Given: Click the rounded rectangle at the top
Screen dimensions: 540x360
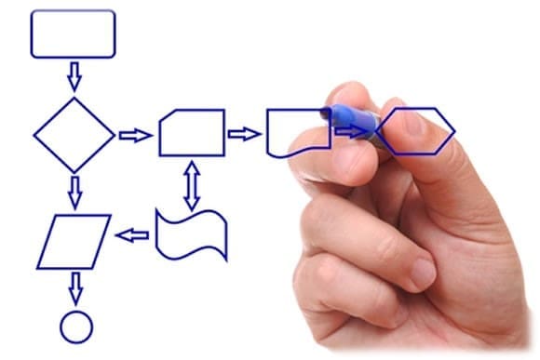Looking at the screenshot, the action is (74, 34).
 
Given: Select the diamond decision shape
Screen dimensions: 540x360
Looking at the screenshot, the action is (74, 134).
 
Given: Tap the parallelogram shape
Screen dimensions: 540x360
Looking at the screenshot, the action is (74, 240).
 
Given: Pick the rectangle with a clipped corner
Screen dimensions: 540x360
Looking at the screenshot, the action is (192, 133).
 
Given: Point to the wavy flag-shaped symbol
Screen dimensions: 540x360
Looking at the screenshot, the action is (192, 233).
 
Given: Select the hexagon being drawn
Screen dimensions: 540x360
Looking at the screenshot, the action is (419, 130).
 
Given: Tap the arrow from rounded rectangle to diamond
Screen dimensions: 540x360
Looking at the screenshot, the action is (74, 76).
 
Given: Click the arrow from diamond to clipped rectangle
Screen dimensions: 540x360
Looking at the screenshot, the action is (136, 135).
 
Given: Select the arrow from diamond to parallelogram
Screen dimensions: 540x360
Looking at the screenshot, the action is (74, 192).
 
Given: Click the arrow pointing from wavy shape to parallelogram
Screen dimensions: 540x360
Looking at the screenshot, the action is (136, 234).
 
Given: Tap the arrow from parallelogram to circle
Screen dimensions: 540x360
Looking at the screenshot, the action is (75, 287).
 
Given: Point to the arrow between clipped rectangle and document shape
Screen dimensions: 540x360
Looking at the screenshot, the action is (245, 134).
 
